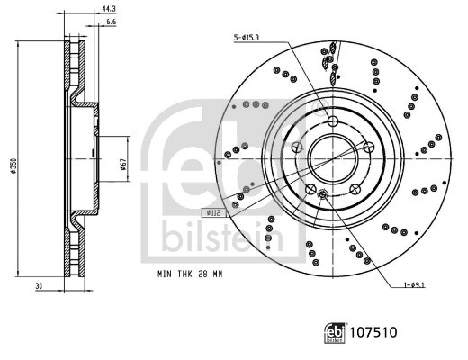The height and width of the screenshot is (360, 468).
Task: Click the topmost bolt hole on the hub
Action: (x=333, y=121)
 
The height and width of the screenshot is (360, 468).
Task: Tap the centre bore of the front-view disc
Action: (x=334, y=158)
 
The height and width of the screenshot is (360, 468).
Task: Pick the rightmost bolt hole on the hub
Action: (x=368, y=148)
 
